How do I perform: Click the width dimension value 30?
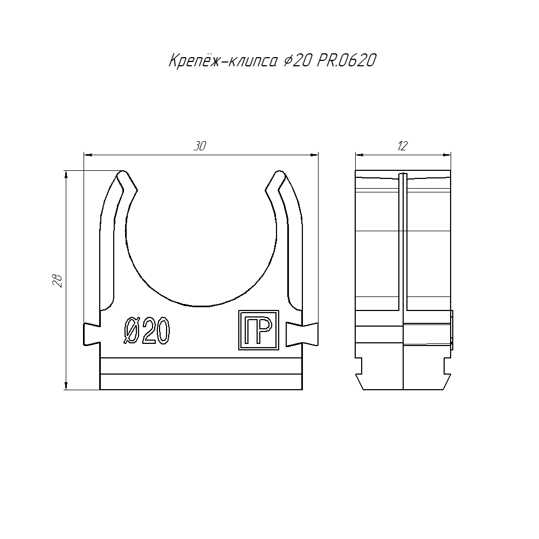pos(200,146)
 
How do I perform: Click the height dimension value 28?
pos(58,280)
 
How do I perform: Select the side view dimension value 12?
pos(402,146)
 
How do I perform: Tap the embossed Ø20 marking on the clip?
pos(147,330)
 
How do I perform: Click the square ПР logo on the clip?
pos(259,330)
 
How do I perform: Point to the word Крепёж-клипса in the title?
pos(223,61)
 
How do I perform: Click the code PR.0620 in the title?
pos(347,60)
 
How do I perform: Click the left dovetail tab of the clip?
pos(92,334)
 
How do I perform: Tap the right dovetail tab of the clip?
pos(302,334)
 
